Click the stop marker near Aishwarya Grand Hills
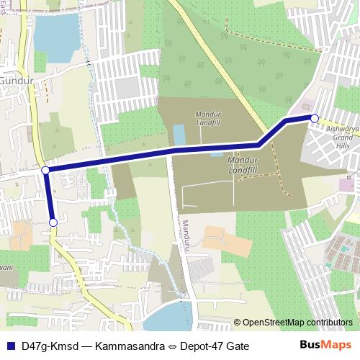(315, 118)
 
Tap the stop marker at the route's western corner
(45, 170)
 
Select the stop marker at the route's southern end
(53, 223)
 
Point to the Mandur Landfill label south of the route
(242, 164)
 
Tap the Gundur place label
(12, 81)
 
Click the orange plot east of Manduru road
(217, 241)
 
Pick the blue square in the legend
(10, 346)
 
